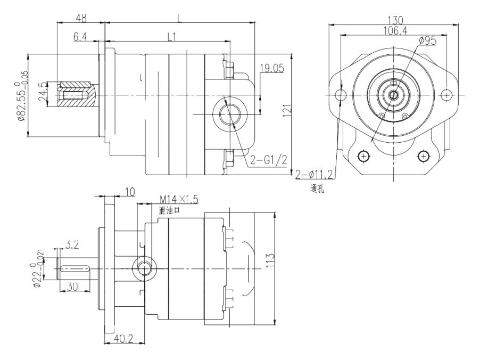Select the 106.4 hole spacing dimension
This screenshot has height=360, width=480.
click(394, 31)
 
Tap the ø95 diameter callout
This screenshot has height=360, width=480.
click(427, 40)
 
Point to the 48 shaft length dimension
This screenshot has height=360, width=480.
click(81, 17)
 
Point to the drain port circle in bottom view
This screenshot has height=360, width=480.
click(144, 269)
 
